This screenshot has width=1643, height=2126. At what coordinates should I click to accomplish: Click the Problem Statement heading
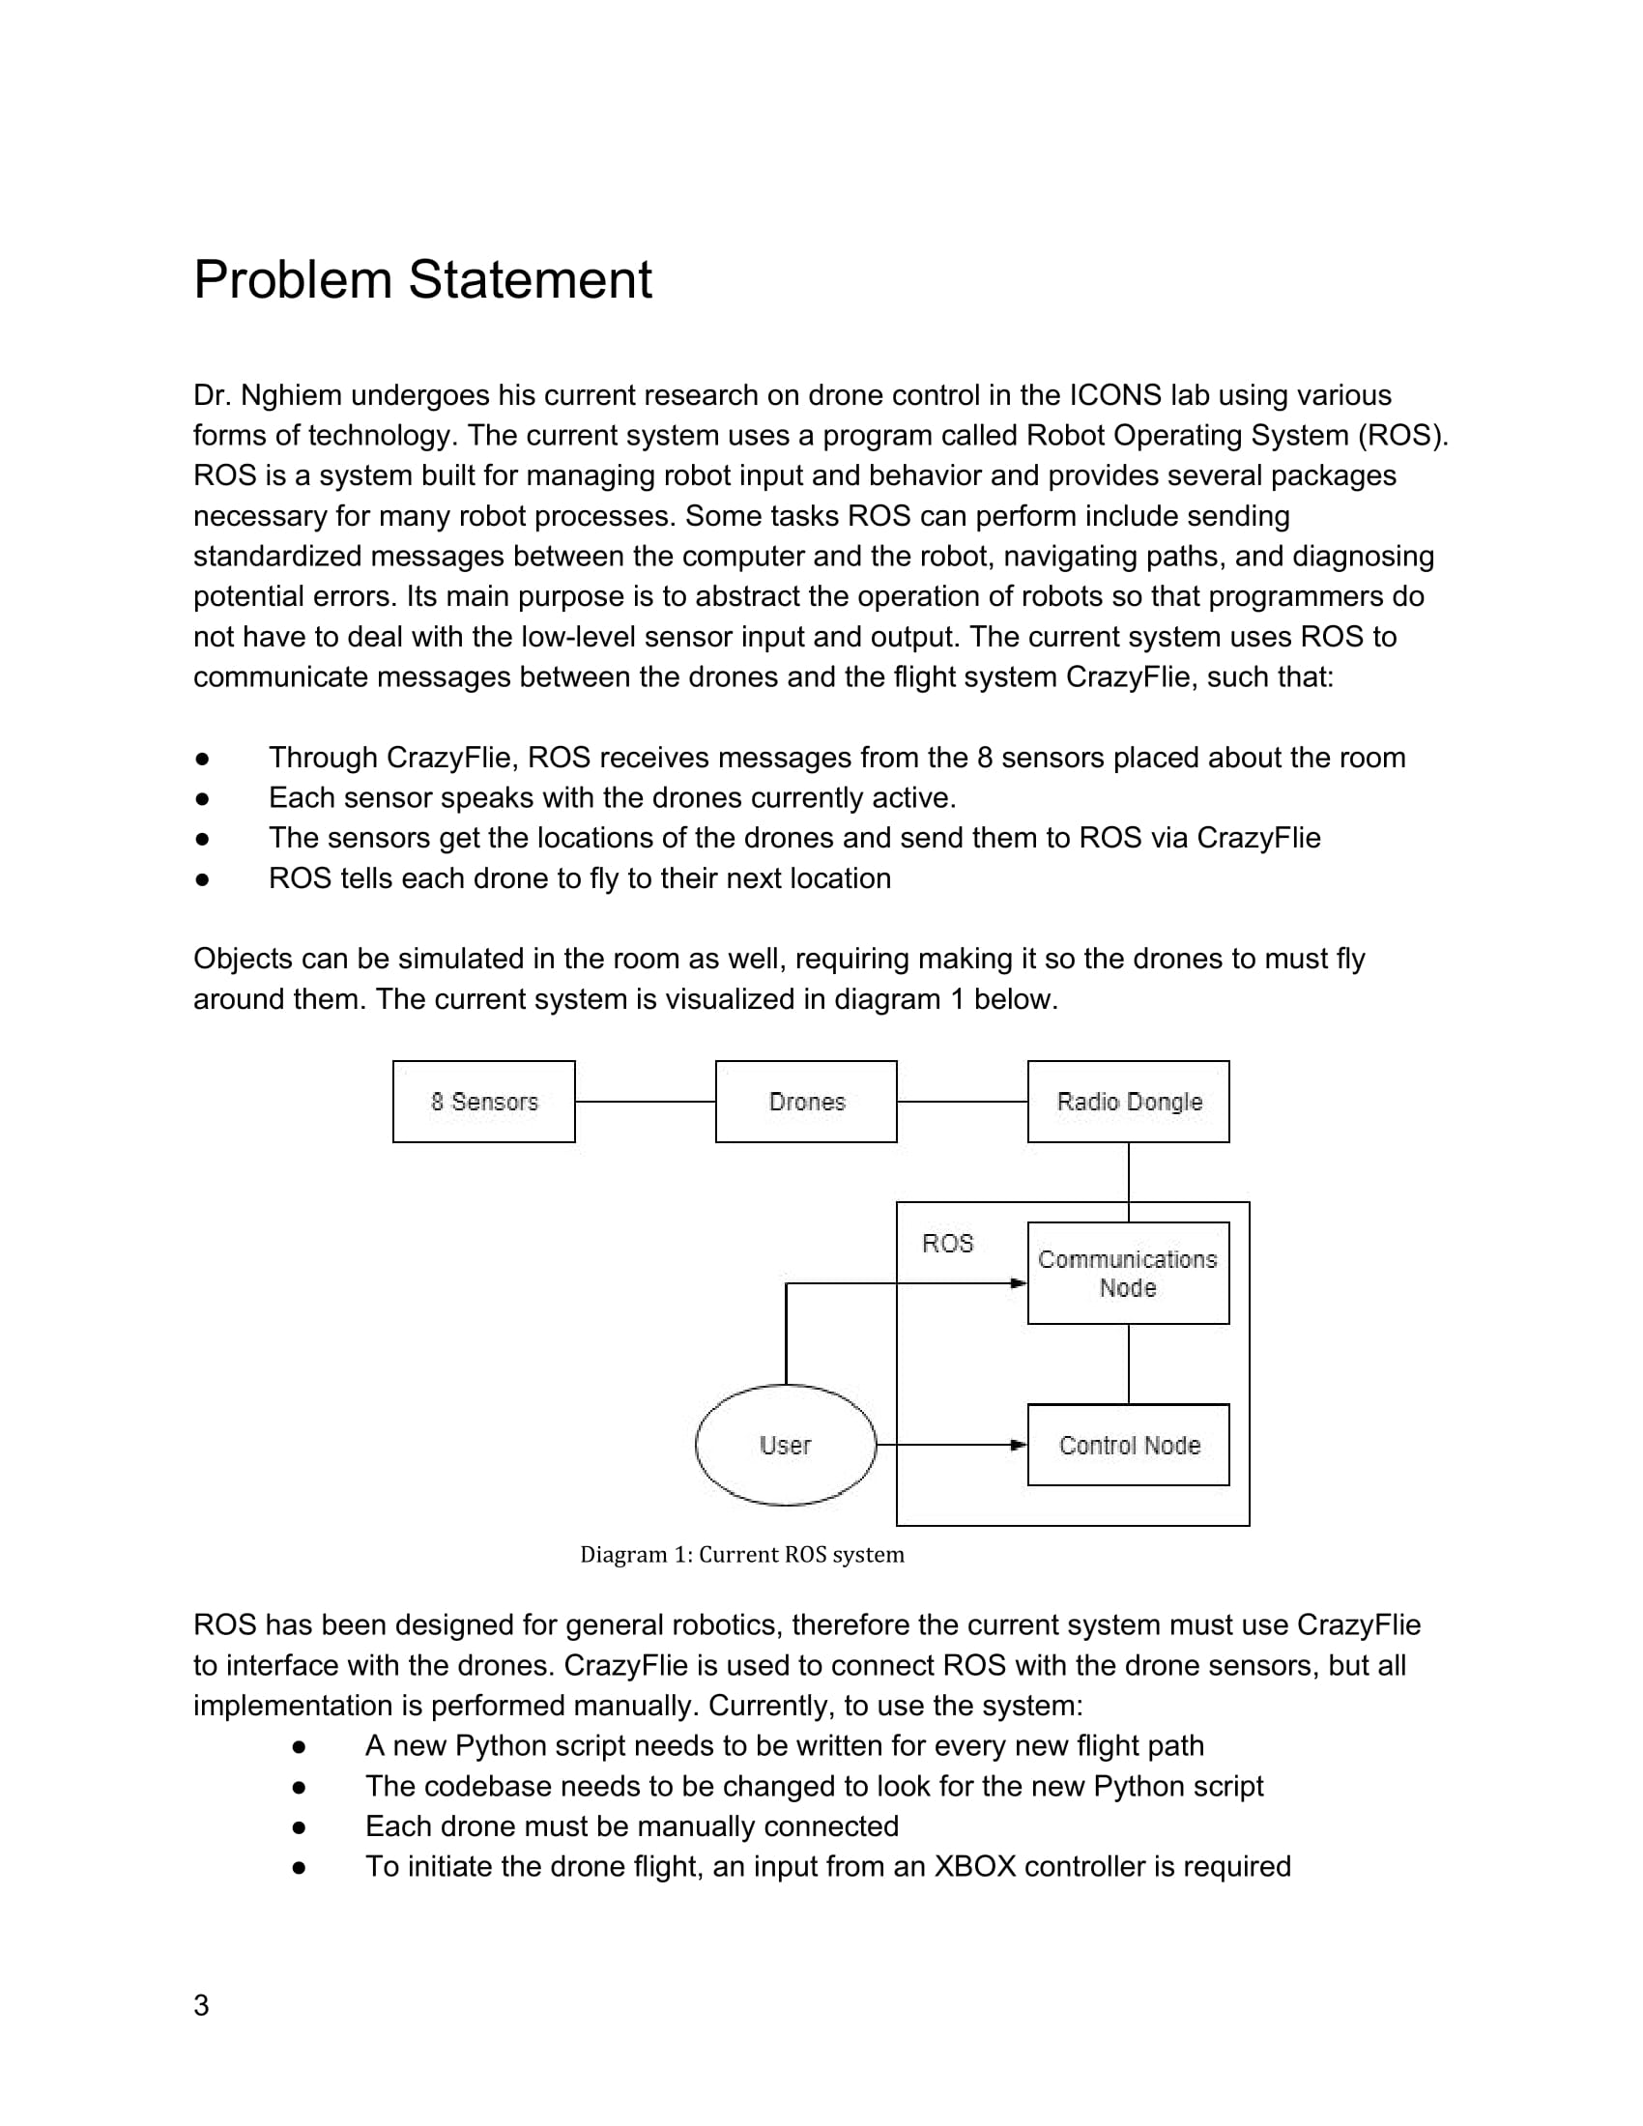tap(422, 280)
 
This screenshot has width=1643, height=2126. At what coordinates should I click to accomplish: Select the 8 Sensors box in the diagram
tap(484, 1101)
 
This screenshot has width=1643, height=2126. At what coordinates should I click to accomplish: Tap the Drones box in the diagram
tap(806, 1101)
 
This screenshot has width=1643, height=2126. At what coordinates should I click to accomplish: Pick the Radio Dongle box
tap(1128, 1101)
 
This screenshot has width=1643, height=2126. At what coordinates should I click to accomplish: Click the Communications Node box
tap(1128, 1273)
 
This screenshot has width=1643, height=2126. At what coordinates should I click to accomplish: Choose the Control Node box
tap(1128, 1445)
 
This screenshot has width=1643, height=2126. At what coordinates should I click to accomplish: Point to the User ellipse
tap(786, 1445)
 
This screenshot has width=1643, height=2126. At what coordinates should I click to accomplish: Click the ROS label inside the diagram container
tap(947, 1243)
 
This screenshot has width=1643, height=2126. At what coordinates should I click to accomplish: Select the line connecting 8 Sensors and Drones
tap(646, 1101)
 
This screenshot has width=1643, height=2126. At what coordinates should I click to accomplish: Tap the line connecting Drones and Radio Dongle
tap(962, 1101)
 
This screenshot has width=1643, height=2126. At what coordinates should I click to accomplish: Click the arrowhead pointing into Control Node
tap(1019, 1445)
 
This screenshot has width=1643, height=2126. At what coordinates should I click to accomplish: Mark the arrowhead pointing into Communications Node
tap(1019, 1283)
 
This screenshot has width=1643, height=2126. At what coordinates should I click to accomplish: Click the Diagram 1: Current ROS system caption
tap(741, 1555)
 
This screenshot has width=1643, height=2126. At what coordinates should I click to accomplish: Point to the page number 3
tap(201, 2005)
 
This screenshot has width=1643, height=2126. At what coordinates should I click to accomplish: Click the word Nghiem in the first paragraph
tap(291, 395)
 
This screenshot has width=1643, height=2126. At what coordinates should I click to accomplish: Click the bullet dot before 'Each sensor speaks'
tap(202, 798)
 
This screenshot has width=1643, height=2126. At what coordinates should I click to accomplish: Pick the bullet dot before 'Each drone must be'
tap(299, 1826)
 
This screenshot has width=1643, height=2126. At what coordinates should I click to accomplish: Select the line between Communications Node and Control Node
tap(1128, 1363)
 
